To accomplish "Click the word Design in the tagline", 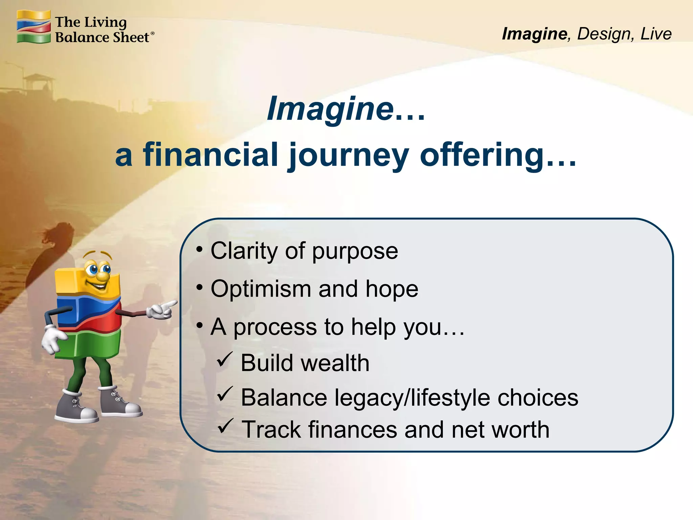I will (604, 34).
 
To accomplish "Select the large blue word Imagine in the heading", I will (330, 109).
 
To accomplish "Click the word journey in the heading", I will (349, 155).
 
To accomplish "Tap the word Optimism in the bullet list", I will (261, 289).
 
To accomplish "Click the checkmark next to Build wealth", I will (224, 360).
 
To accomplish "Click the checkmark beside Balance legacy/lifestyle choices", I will (224, 394).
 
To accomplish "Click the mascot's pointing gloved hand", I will (162, 309).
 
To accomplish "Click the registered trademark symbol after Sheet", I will (153, 34).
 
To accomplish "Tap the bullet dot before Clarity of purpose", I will (200, 250).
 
